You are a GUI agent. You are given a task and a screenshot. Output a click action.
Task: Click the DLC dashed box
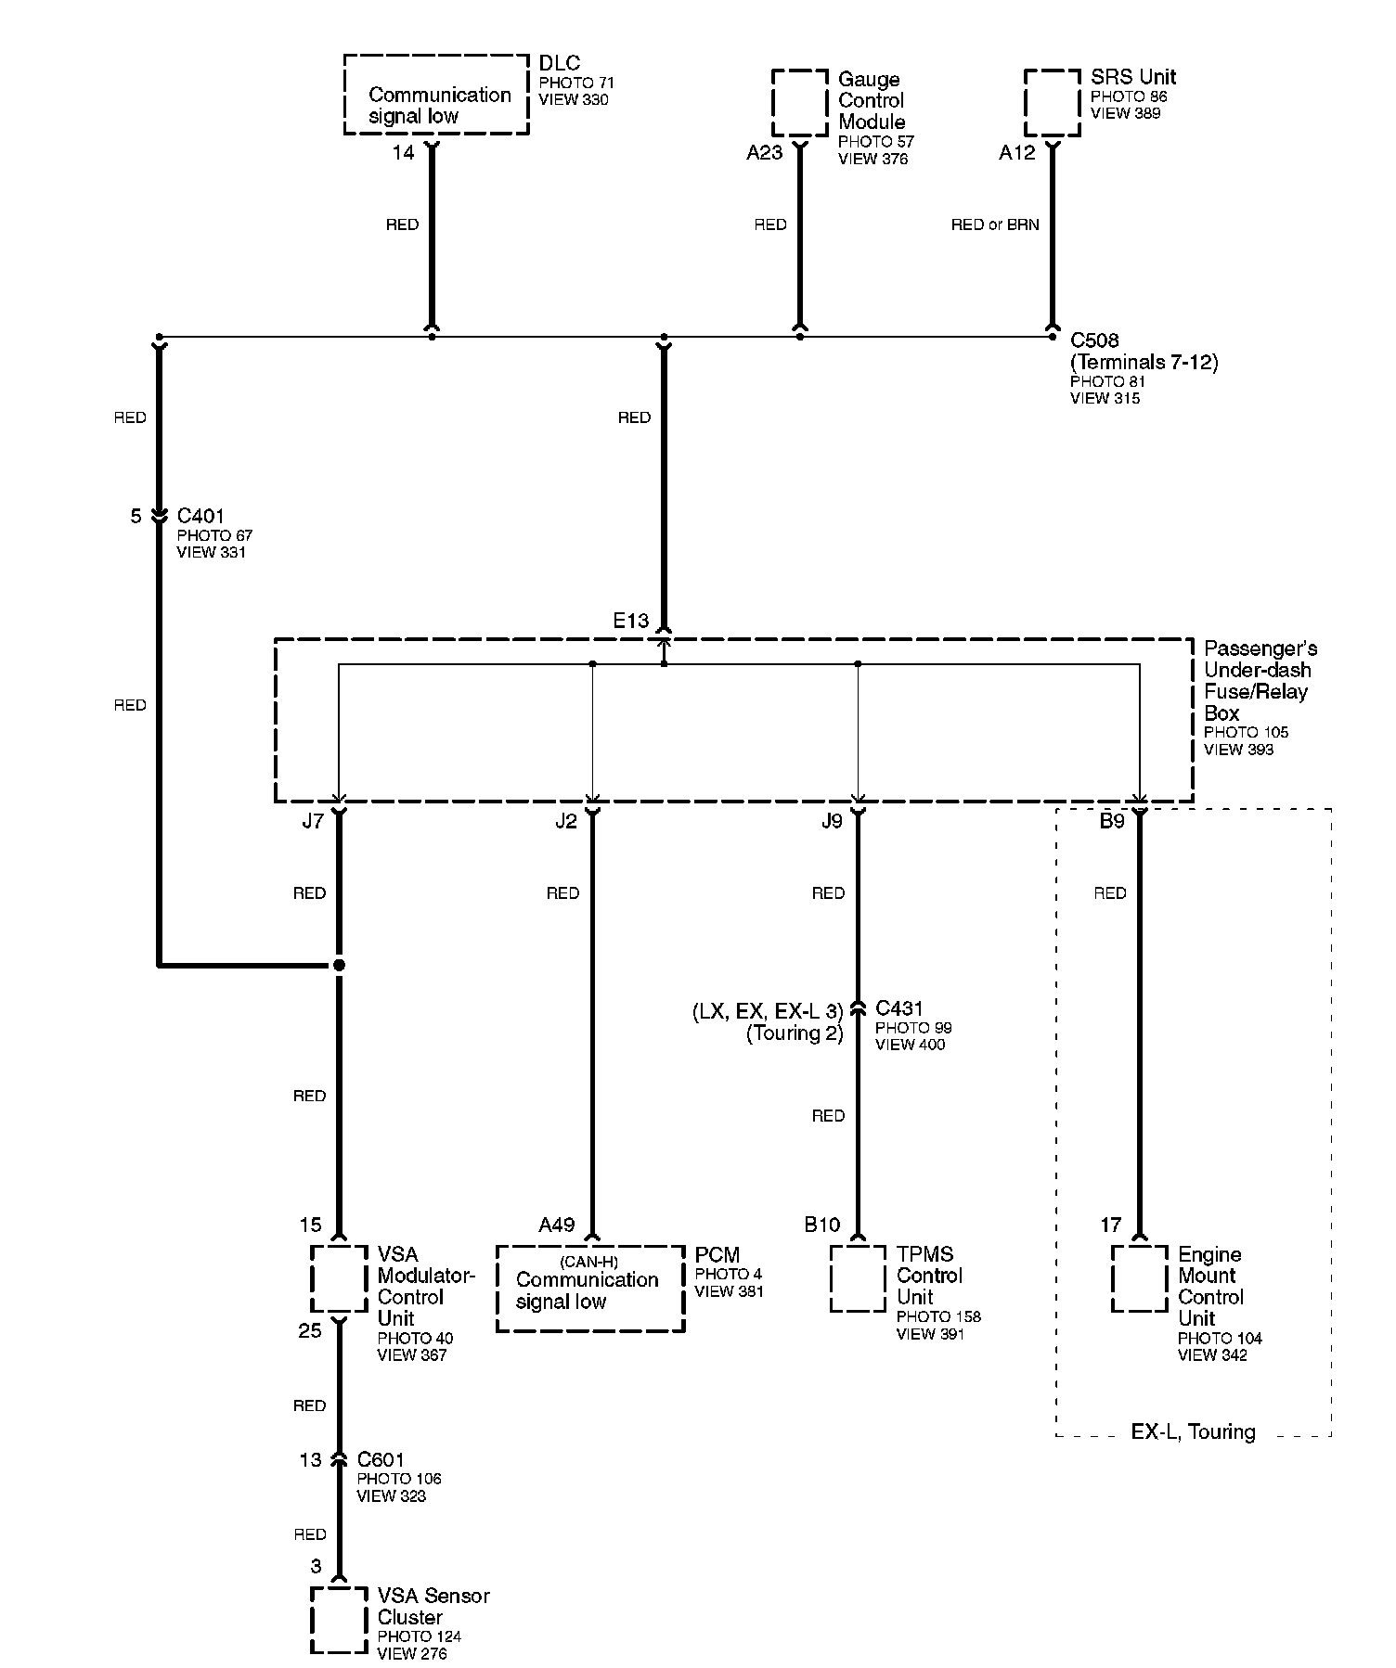point(436,95)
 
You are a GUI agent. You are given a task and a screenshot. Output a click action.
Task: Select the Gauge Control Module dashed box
point(800,103)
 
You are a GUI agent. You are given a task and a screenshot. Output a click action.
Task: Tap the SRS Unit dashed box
point(1052,103)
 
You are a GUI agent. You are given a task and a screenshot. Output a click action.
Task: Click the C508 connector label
point(1094,340)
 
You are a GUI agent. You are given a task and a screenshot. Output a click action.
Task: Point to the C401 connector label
point(200,516)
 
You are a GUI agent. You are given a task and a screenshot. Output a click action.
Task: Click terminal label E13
point(630,621)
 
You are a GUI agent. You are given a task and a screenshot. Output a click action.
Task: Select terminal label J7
point(313,822)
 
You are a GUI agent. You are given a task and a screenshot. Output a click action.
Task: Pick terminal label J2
point(565,822)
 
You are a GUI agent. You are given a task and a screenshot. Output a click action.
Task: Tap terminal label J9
point(832,822)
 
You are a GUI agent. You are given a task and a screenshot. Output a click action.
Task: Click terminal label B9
point(1112,822)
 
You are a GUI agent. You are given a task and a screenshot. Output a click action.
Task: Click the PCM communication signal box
point(590,1289)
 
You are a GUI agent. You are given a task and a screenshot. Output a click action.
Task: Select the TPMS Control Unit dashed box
point(858,1278)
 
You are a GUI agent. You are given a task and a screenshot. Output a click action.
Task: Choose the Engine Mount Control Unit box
point(1139,1278)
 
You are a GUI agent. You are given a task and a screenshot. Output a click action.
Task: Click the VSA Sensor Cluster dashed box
point(339,1620)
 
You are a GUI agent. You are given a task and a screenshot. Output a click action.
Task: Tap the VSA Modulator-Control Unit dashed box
point(339,1278)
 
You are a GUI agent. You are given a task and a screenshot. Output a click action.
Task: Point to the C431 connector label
point(898,1008)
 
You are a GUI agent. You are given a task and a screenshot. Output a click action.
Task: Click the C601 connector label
point(381,1460)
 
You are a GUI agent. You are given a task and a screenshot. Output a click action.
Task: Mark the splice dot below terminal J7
point(339,966)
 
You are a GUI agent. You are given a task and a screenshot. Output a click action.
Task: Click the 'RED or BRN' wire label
point(995,225)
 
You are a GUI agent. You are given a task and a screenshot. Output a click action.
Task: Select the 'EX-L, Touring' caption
point(1193,1432)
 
